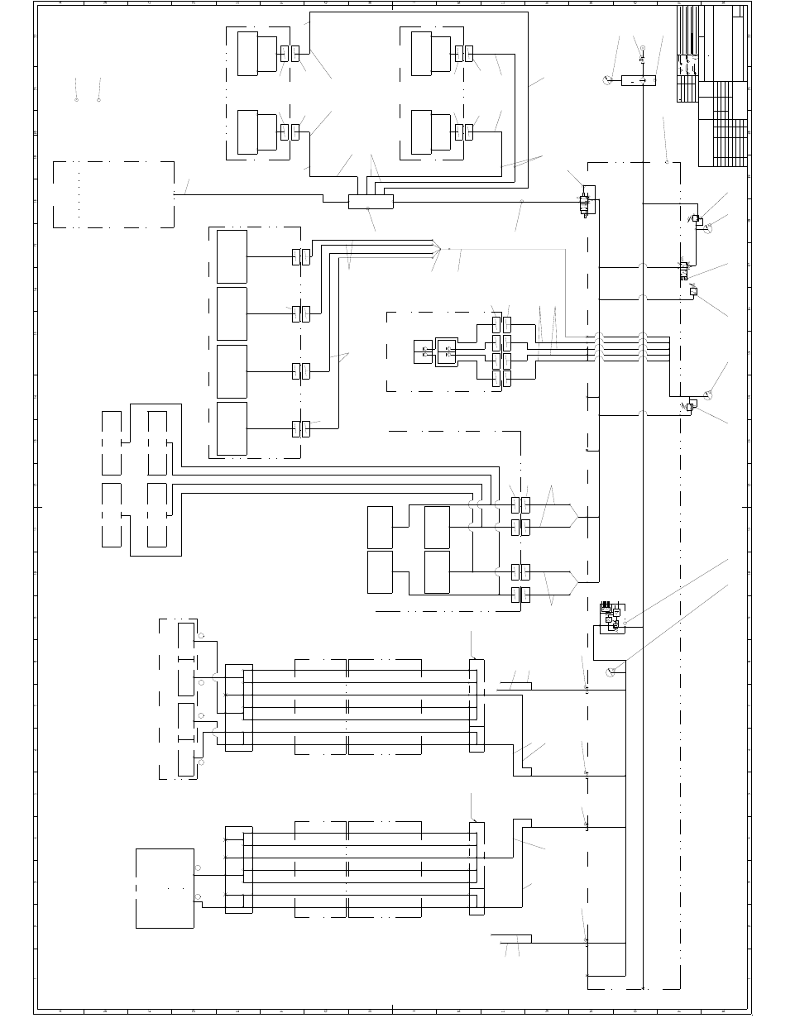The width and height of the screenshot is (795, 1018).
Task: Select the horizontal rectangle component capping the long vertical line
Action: tap(638, 80)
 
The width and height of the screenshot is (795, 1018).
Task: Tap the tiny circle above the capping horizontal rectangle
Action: tap(642, 49)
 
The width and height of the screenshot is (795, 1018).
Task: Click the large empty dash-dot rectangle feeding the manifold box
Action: tap(113, 194)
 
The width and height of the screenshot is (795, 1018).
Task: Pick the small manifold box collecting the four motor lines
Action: tap(370, 202)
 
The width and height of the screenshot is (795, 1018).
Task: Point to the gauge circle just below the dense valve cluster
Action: tap(611, 672)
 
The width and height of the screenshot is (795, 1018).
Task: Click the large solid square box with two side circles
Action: tap(165, 888)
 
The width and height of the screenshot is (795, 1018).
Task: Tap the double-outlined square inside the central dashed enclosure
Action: tap(447, 351)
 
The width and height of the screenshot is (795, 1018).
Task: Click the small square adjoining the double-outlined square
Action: tap(423, 351)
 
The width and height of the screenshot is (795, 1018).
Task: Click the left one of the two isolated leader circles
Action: tap(76, 99)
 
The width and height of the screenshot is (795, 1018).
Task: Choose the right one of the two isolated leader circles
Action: tap(98, 99)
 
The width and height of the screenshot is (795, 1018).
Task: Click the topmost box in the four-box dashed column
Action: tap(232, 256)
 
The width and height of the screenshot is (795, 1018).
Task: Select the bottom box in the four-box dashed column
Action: tap(232, 428)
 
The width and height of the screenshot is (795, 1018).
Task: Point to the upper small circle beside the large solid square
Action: tap(198, 867)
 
